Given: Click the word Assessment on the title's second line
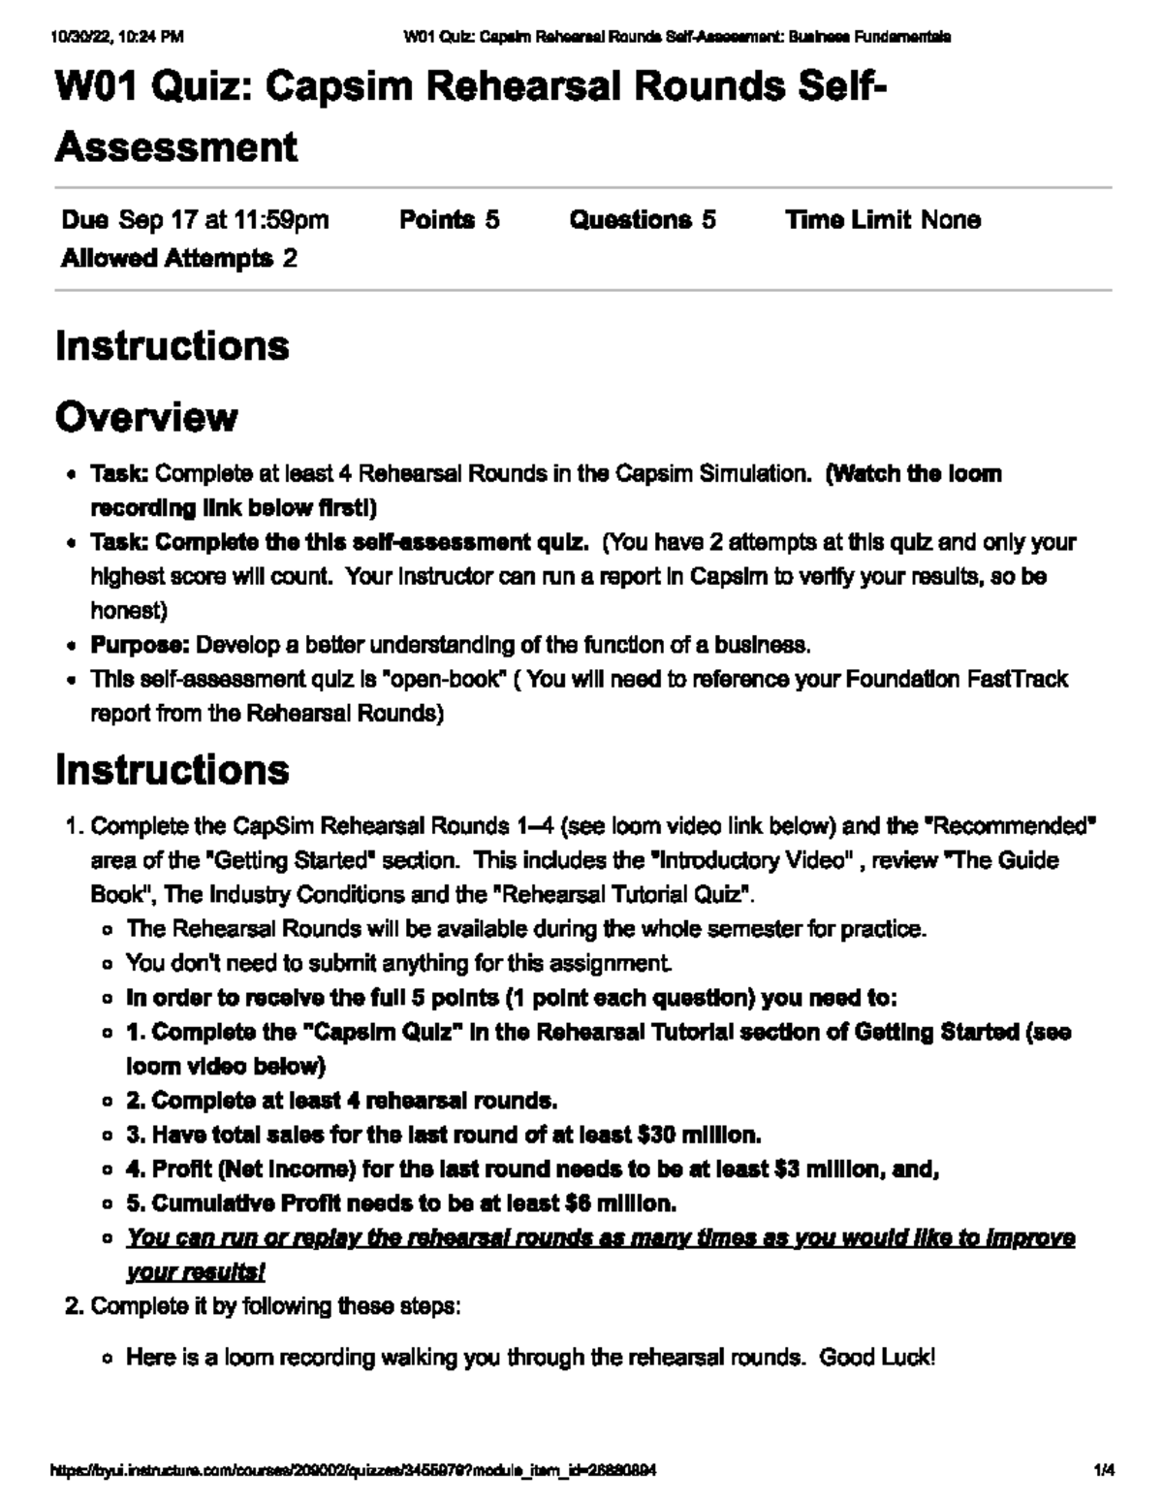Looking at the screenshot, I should (176, 147).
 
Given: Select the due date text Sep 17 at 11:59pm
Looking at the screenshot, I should (223, 220).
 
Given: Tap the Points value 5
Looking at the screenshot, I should (492, 220).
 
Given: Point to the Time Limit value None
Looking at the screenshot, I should (950, 220).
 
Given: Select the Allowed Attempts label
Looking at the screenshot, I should (167, 258).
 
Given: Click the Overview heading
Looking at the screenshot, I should (146, 417).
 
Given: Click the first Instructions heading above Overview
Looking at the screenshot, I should (173, 346).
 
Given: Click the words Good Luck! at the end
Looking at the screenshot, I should (877, 1357).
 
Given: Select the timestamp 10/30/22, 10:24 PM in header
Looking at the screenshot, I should (117, 38).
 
